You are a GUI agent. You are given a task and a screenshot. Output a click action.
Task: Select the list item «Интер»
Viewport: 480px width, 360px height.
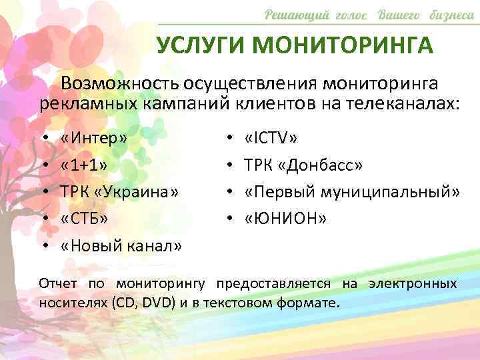click(x=93, y=139)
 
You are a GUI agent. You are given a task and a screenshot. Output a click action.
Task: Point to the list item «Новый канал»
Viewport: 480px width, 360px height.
click(x=121, y=245)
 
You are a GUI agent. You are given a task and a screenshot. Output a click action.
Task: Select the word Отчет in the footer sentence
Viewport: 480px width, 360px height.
click(x=58, y=283)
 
